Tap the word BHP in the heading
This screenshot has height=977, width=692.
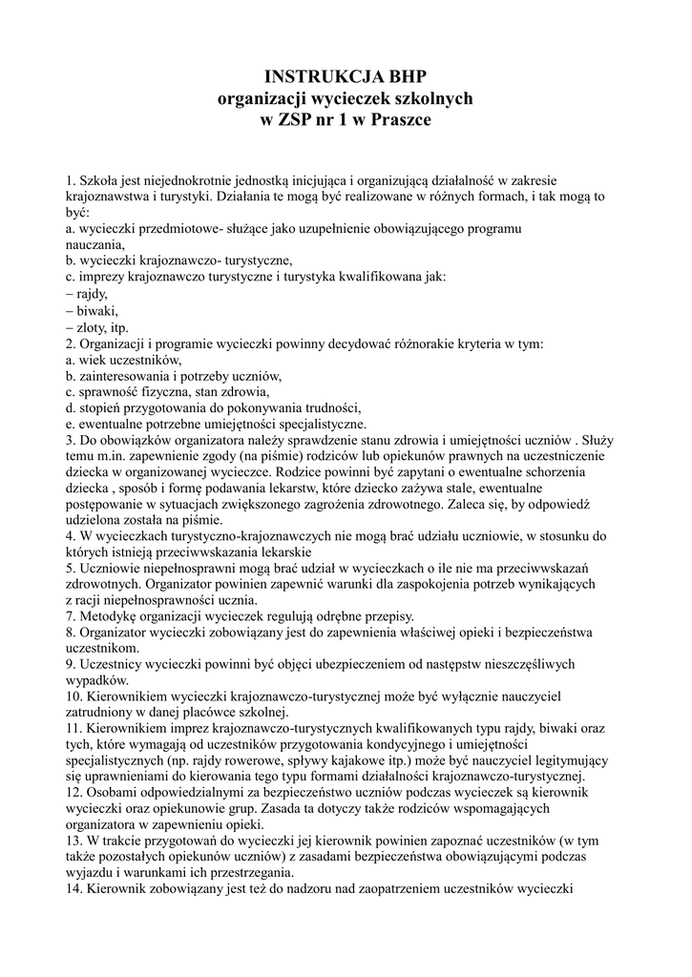(405, 77)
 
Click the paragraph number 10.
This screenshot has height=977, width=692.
(73, 696)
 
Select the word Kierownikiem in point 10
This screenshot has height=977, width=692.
(131, 696)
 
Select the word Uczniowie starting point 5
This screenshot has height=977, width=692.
(115, 567)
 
